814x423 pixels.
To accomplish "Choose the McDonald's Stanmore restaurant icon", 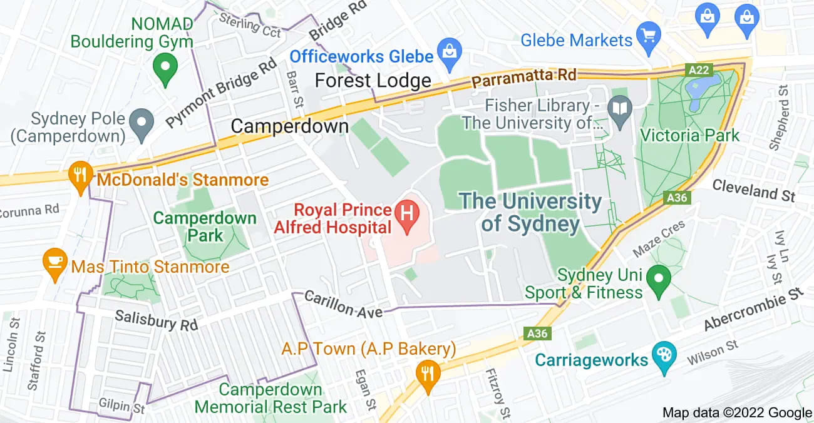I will (80, 175).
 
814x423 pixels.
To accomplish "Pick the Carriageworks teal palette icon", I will (661, 355).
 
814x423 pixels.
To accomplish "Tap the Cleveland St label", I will (754, 190).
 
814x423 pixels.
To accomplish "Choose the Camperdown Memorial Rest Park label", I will (270, 398).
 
